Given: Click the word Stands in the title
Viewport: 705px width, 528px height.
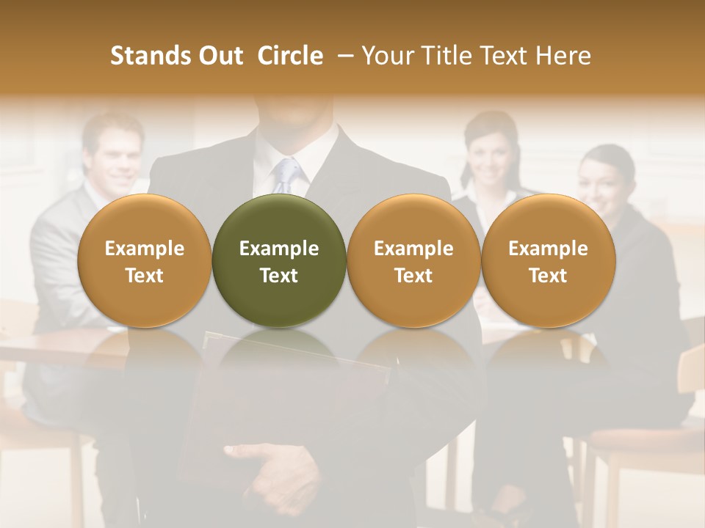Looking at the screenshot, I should pyautogui.click(x=143, y=56).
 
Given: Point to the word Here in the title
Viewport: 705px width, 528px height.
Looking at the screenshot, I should pyautogui.click(x=564, y=56).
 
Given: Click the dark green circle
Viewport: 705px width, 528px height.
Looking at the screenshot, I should pyautogui.click(x=279, y=261).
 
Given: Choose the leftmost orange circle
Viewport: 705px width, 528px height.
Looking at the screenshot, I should pyautogui.click(x=144, y=261).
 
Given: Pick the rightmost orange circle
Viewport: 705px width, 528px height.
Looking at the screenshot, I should pyautogui.click(x=548, y=261).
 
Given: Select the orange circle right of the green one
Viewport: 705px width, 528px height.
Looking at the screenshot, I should pyautogui.click(x=413, y=261).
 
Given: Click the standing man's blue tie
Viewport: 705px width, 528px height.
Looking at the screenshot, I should pyautogui.click(x=289, y=175).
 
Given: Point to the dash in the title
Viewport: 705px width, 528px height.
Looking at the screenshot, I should pyautogui.click(x=342, y=56).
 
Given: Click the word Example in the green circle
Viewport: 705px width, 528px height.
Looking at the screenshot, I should pyautogui.click(x=279, y=249).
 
